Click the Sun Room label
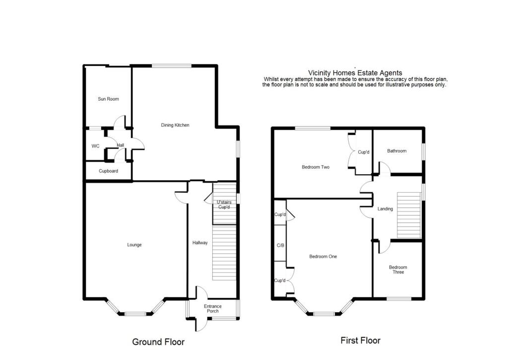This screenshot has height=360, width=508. pos(108,99)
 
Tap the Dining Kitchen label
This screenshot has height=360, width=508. pos(175,125)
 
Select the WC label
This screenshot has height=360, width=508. pos(96,146)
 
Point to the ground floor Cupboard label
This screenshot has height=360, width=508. pos(108,171)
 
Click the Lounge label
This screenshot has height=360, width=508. pos(134,245)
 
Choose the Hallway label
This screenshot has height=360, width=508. pos(200,243)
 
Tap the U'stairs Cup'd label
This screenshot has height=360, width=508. pos(224,205)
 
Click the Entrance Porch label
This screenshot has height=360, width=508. pos(213,309)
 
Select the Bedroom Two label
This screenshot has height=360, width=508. pos(316,167)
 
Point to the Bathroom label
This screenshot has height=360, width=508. pos(397,151)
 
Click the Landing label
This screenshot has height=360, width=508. pos(385,209)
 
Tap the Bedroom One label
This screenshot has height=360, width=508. pos(323,257)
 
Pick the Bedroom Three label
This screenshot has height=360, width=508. pos(396,269)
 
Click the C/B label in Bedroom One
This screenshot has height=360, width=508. pos(280,245)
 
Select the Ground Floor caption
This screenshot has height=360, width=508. pos(158,342)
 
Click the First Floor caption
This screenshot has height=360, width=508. pos(360,341)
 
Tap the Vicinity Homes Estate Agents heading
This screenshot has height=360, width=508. pos(355,73)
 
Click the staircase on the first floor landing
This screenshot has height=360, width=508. pos(409,215)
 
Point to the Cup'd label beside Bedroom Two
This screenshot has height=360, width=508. pos(364,152)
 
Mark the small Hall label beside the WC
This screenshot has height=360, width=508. pos(120,145)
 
